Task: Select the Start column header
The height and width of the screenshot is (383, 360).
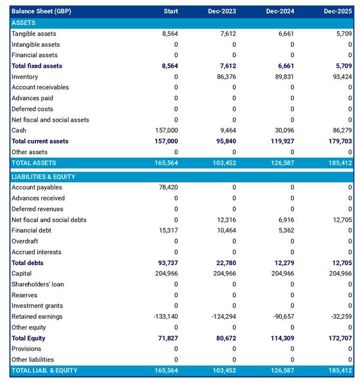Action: (x=170, y=11)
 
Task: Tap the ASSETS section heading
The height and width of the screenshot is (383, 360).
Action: (x=24, y=23)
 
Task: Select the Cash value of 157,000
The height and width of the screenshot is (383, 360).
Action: (x=166, y=131)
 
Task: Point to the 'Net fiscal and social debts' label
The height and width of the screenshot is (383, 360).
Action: (x=49, y=220)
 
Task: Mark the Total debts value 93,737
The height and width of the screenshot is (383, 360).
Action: (x=166, y=263)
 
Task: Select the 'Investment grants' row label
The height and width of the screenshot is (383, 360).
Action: (x=37, y=306)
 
